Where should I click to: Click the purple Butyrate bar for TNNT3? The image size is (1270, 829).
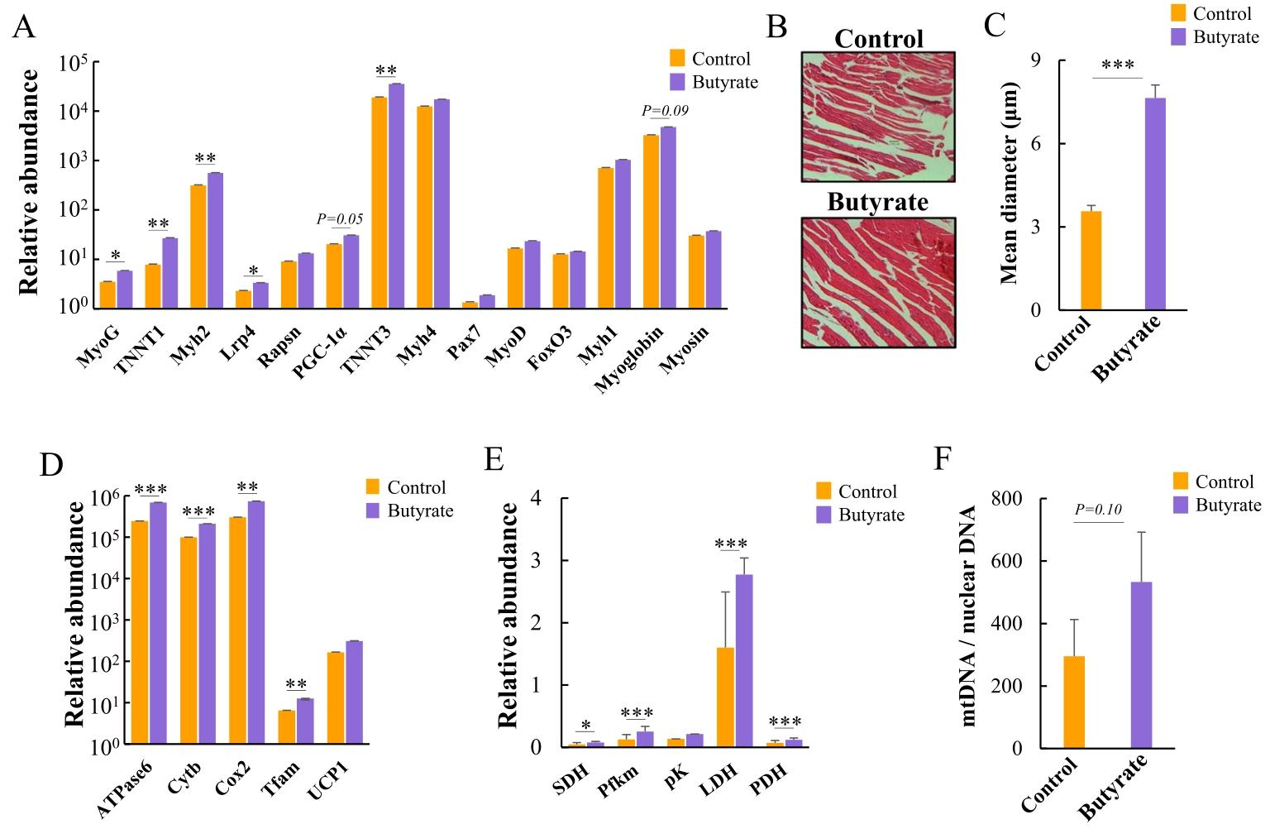tap(396, 196)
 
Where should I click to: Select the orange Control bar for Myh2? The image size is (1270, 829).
tap(198, 247)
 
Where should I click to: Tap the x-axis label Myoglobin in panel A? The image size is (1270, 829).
tap(628, 359)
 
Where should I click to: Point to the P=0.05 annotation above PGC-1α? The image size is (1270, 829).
tap(340, 219)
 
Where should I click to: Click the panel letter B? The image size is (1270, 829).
tap(776, 26)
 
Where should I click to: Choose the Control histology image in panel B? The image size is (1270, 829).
tap(878, 117)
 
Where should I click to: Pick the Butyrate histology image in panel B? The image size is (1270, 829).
tap(878, 283)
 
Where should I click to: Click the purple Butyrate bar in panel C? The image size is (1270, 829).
tap(1155, 204)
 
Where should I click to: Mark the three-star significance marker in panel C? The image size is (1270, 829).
tap(1118, 64)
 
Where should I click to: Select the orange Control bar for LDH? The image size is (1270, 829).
tap(725, 697)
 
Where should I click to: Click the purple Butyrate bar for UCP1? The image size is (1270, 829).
tap(355, 692)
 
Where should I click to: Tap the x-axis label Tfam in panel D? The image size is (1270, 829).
tap(279, 780)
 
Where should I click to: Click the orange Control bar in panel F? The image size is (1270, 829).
tap(1074, 702)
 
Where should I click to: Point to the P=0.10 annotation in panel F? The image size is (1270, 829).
tap(1098, 510)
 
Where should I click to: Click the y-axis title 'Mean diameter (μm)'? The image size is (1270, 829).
tap(1009, 183)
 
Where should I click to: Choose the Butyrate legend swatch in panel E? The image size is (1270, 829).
tap(824, 515)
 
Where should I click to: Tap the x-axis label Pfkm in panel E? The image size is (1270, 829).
tap(618, 781)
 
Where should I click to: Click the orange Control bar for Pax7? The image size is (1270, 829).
tap(470, 305)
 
